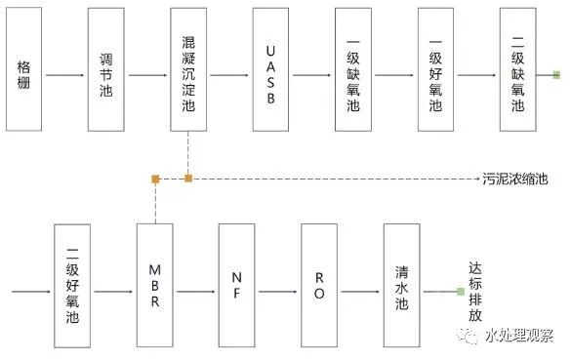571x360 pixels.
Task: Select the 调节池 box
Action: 106,70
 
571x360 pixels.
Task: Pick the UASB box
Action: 271,70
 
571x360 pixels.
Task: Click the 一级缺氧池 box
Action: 353,70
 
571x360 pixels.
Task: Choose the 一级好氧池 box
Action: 435,70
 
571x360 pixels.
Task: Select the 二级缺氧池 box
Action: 518,70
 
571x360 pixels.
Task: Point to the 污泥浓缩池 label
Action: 515,180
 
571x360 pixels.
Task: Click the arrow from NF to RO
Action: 278,292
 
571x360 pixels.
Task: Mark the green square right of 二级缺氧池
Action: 555,75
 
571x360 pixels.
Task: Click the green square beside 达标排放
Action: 460,292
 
